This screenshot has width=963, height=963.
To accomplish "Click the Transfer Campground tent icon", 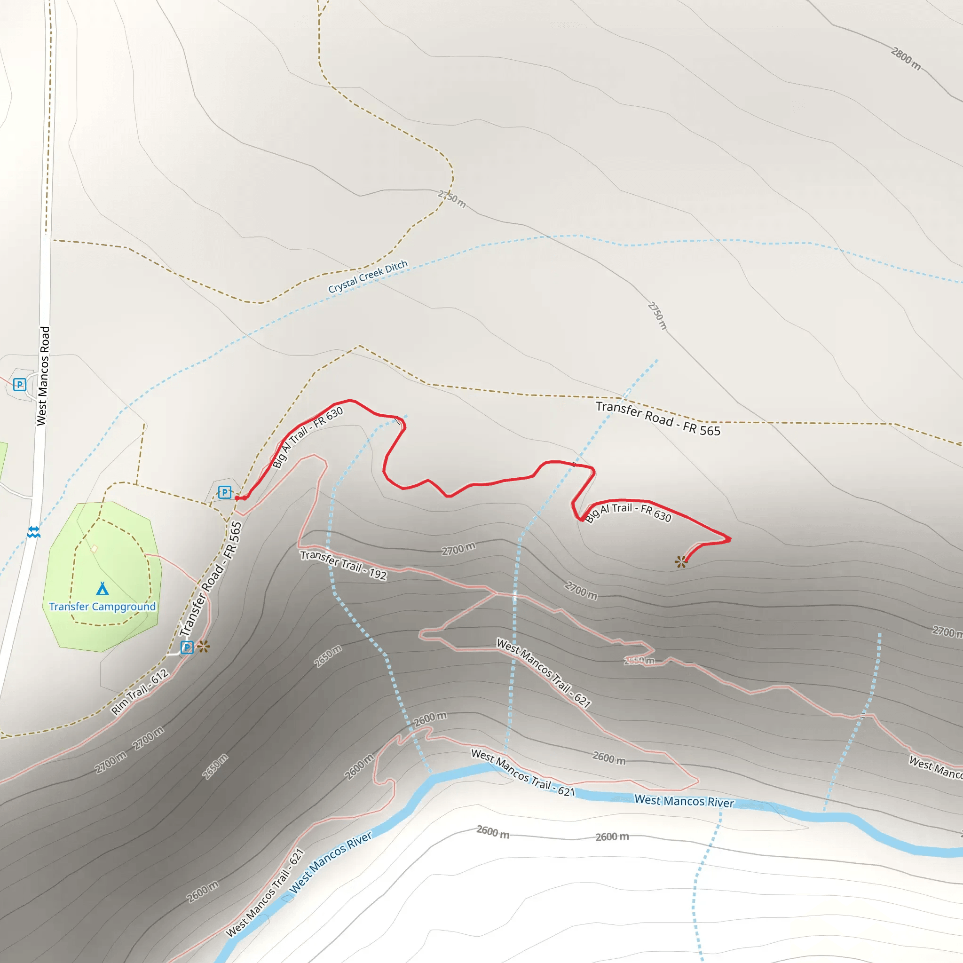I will pyautogui.click(x=102, y=589).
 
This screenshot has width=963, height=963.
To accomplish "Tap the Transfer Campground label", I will pyautogui.click(x=102, y=607).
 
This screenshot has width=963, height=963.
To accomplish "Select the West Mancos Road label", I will pyautogui.click(x=43, y=376).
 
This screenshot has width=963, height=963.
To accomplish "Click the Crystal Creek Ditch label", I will pyautogui.click(x=368, y=276).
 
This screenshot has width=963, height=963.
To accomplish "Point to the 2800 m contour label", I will pyautogui.click(x=906, y=59).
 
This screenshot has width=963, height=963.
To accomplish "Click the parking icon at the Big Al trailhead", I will pyautogui.click(x=225, y=492).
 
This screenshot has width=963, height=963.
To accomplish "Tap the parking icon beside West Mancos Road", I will pyautogui.click(x=19, y=384).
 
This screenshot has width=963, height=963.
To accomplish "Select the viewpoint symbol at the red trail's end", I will pyautogui.click(x=681, y=562).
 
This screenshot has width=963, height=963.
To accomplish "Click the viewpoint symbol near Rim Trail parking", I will pyautogui.click(x=203, y=647).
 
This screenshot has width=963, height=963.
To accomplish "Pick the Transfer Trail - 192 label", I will pyautogui.click(x=343, y=565).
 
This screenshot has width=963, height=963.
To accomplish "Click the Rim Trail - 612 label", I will pyautogui.click(x=140, y=692).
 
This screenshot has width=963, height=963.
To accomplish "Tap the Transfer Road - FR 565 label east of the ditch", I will pyautogui.click(x=658, y=418).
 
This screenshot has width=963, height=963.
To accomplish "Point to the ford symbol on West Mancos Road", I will pyautogui.click(x=33, y=532).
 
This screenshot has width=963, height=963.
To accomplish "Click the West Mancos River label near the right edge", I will pyautogui.click(x=684, y=801).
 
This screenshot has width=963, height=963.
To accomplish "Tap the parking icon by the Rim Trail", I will pyautogui.click(x=187, y=647).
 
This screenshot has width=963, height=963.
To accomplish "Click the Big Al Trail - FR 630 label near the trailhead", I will pyautogui.click(x=308, y=437).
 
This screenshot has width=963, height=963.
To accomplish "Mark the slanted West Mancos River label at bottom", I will pyautogui.click(x=331, y=862).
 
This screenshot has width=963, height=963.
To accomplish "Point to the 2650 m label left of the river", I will pyautogui.click(x=215, y=766).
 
